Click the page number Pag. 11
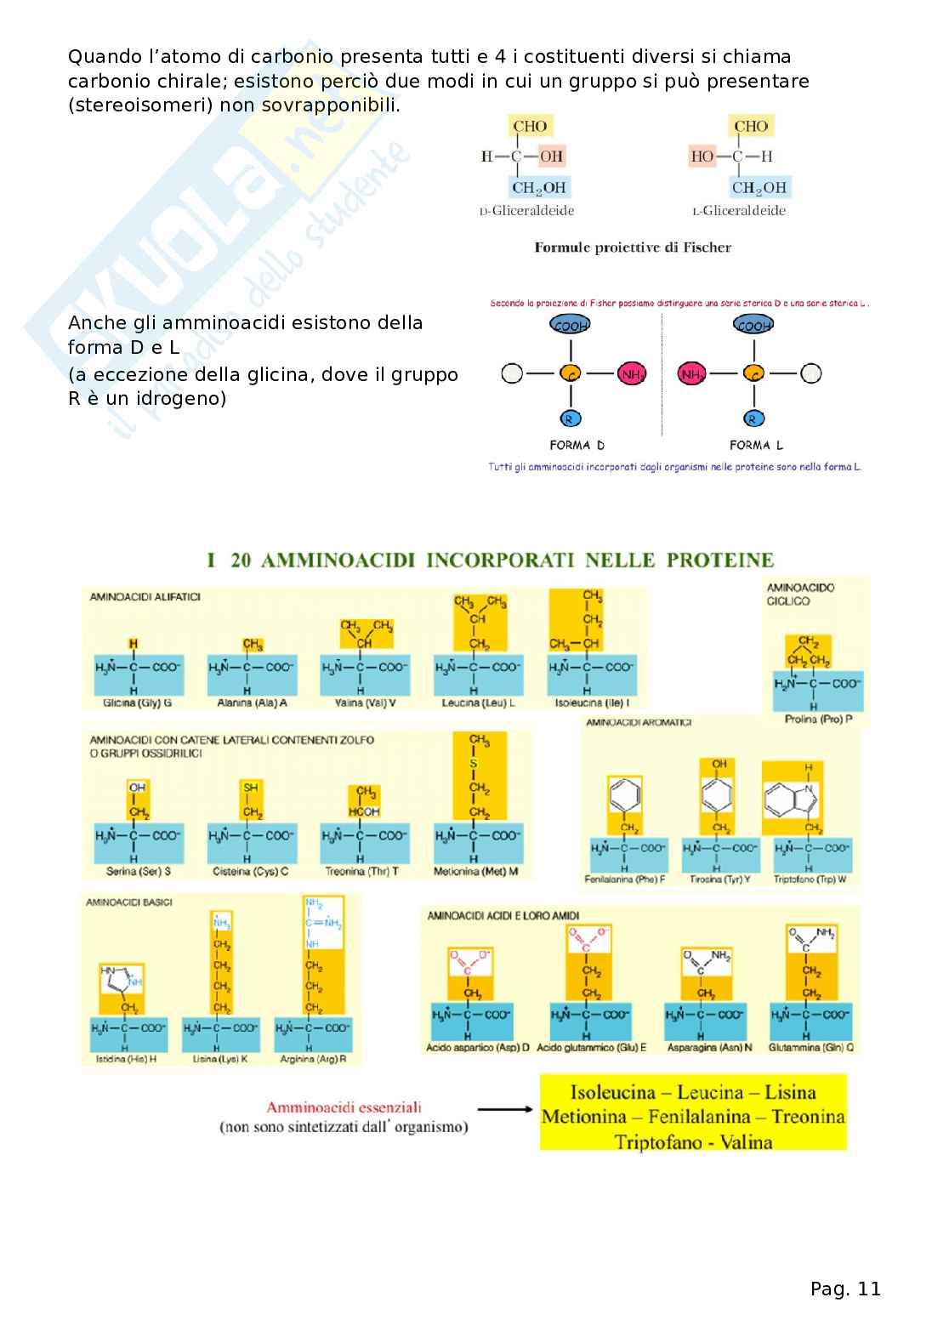coord(845,1289)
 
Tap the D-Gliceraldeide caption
coord(526,211)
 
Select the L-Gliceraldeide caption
coord(738,211)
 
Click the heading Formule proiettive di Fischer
coord(633,248)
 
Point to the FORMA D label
coord(577,445)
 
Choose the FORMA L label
coord(756,445)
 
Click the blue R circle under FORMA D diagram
coord(571,418)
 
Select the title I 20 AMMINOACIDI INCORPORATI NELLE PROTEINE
coord(491,561)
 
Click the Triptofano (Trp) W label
coord(810,879)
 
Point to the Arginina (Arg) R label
coord(313,1059)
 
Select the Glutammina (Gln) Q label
coord(810,1048)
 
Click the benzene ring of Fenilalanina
coord(626,794)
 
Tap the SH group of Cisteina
coord(251,788)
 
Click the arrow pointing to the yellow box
coord(505,1109)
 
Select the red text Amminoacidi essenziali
coord(344,1107)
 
